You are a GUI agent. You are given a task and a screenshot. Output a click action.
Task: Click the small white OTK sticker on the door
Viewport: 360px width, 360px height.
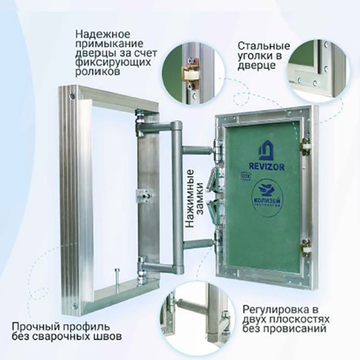[x=245, y=178]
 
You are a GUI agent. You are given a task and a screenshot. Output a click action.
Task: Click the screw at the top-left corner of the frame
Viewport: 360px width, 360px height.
[x=73, y=95]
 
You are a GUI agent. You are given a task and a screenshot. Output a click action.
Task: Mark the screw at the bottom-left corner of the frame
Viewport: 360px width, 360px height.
[x=74, y=308]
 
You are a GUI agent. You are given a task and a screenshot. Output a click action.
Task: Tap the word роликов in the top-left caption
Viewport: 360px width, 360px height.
[x=95, y=71]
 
